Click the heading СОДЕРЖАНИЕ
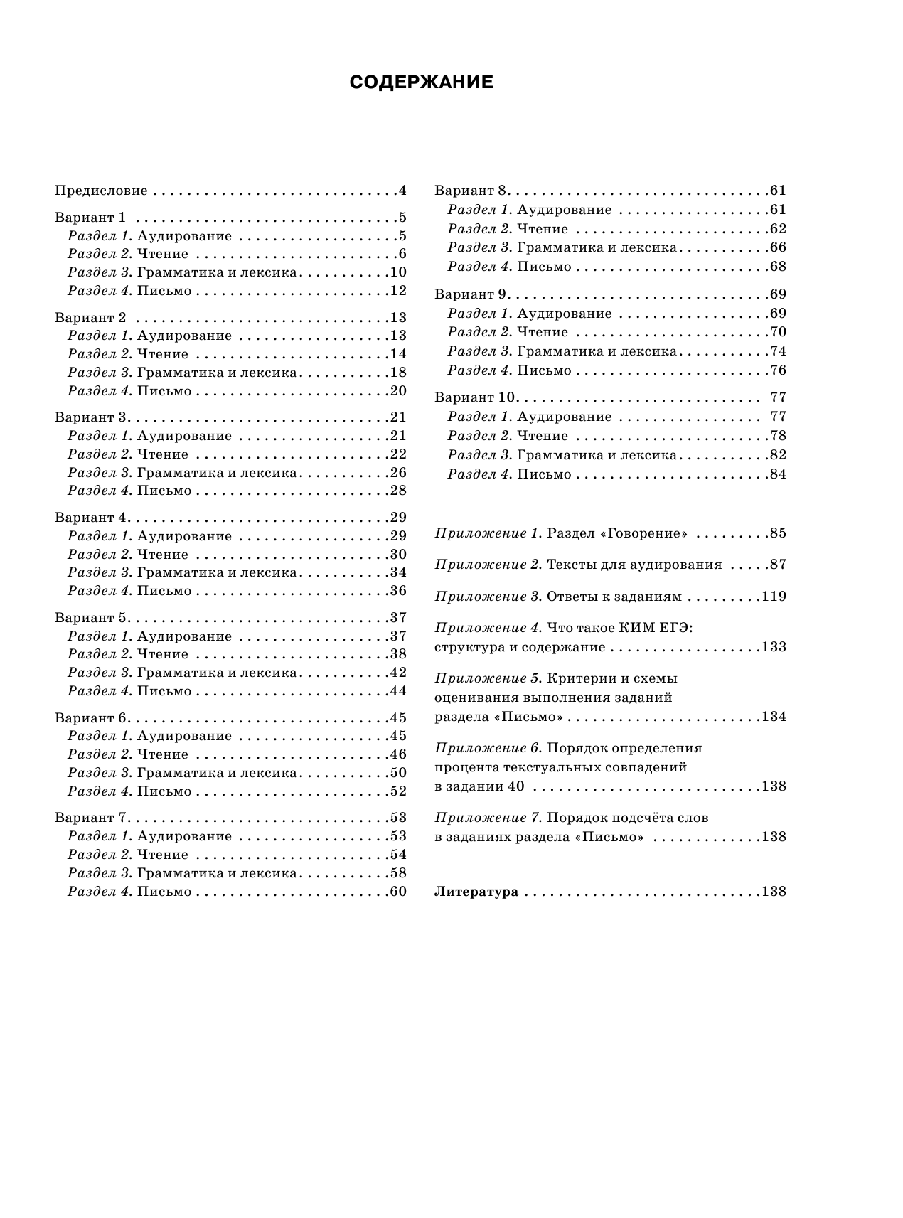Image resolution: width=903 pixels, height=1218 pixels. (x=421, y=82)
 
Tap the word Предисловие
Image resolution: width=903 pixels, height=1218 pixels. (x=101, y=191)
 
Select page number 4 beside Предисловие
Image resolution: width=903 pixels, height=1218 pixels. (x=402, y=191)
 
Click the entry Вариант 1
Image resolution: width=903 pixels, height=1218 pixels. (x=90, y=218)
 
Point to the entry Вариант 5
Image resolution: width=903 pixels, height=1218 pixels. (x=90, y=617)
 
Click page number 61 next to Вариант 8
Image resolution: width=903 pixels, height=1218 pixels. (x=778, y=191)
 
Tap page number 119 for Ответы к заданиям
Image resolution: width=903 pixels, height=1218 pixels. (x=774, y=596)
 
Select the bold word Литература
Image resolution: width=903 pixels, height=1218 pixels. (x=476, y=892)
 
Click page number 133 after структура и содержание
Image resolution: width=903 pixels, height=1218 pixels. (x=774, y=647)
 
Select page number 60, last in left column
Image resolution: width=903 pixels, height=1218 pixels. (x=397, y=892)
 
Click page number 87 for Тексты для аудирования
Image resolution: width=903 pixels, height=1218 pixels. (x=778, y=565)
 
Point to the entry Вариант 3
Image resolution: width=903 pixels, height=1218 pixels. (x=90, y=417)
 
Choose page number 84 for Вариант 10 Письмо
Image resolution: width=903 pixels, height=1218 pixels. (x=778, y=474)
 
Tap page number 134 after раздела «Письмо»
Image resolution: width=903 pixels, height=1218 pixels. (x=774, y=716)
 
